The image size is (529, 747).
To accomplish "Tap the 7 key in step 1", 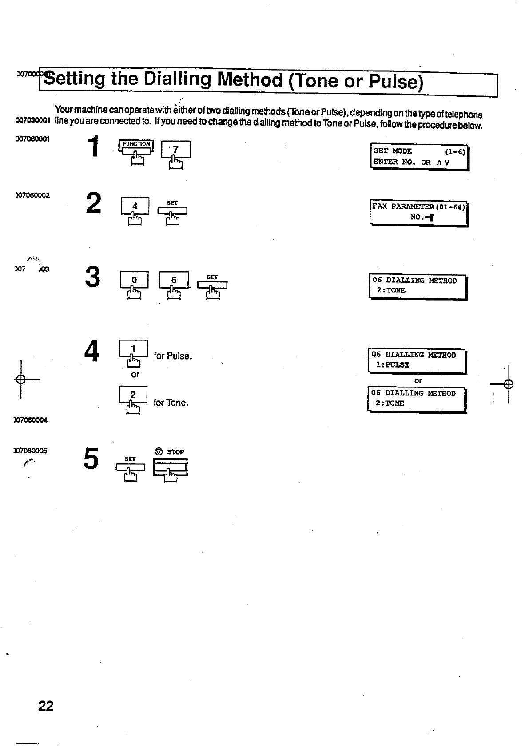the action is pyautogui.click(x=175, y=150).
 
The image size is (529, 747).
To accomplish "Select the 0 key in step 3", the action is pyautogui.click(x=134, y=280).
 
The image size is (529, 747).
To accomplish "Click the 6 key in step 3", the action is pyautogui.click(x=174, y=280).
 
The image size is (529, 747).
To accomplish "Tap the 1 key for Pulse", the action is pyautogui.click(x=133, y=348).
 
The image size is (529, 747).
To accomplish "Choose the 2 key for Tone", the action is pyautogui.click(x=133, y=395).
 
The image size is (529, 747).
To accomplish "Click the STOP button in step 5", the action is pyautogui.click(x=170, y=466).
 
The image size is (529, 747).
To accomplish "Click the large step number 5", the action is pyautogui.click(x=91, y=459).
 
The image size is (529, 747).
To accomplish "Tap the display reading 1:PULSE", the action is pyautogui.click(x=417, y=360).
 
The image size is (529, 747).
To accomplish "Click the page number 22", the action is pyautogui.click(x=46, y=706).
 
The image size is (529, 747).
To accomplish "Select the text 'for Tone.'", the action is pyautogui.click(x=171, y=403).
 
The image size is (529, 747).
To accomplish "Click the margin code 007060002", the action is pyautogui.click(x=32, y=195).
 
